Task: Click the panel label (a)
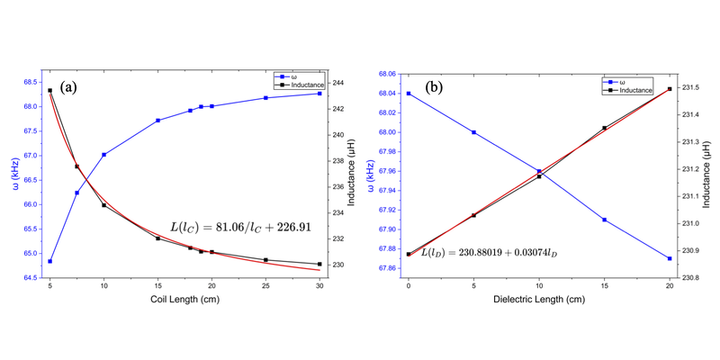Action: point(71,87)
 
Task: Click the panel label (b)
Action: point(433,87)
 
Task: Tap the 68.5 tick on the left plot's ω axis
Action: point(31,82)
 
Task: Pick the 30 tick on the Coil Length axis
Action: point(319,284)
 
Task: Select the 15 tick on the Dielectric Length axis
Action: point(604,284)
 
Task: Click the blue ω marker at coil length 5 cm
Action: point(49,262)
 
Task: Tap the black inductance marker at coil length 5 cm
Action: point(49,90)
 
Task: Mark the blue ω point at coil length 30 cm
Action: point(319,94)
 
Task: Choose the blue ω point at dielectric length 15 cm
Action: point(604,220)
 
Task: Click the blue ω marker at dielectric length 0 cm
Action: point(409,94)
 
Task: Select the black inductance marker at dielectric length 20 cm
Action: point(670,88)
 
